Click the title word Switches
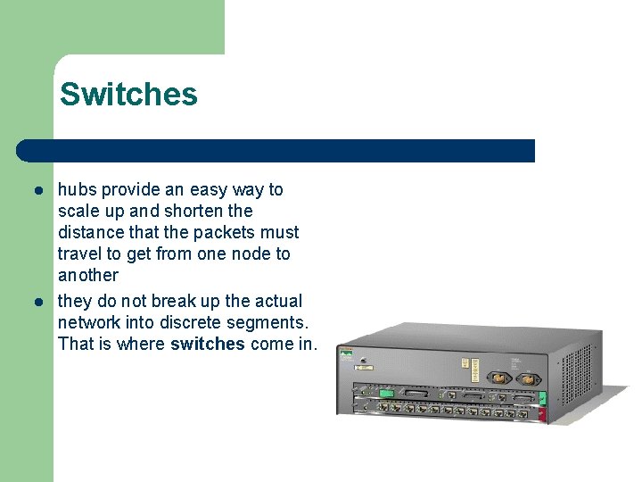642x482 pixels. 128,94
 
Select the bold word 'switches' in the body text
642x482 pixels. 207,344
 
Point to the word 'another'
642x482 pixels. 87,275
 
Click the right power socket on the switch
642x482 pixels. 527,378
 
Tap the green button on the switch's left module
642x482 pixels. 385,393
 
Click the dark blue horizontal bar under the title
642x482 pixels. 276,150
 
